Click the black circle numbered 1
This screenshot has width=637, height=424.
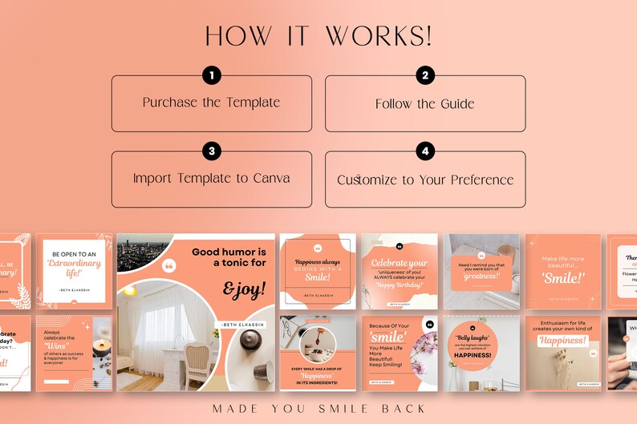click(x=211, y=76)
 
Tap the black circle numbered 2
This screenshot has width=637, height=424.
click(x=425, y=76)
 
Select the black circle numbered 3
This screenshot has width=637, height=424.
click(x=211, y=151)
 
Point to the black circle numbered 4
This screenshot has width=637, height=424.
click(x=425, y=151)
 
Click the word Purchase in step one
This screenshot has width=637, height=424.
click(x=171, y=103)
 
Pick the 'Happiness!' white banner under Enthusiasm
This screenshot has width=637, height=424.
click(x=562, y=341)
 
